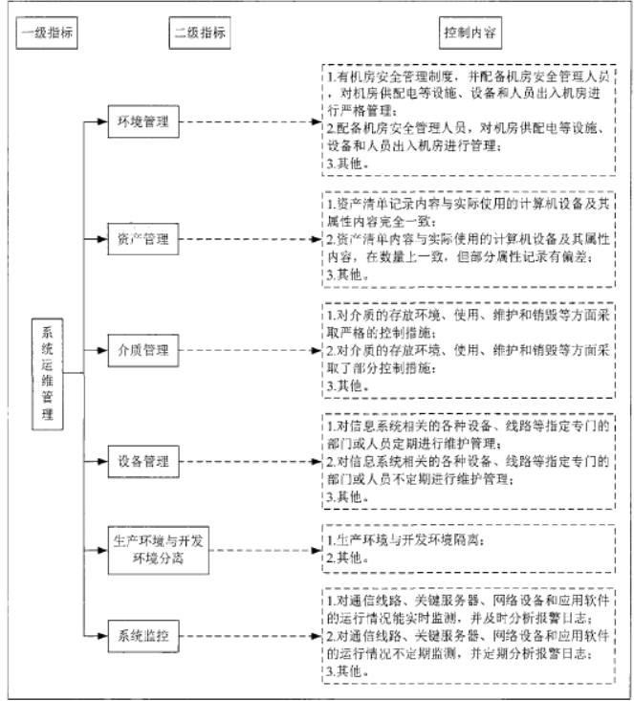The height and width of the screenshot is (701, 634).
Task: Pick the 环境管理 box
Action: [x=144, y=122]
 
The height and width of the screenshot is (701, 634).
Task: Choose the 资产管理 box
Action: [x=144, y=238]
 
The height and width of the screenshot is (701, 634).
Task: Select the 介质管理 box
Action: [x=144, y=351]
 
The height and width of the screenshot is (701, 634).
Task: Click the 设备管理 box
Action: [x=144, y=462]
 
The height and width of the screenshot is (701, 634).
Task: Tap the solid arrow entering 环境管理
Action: [x=97, y=122]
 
